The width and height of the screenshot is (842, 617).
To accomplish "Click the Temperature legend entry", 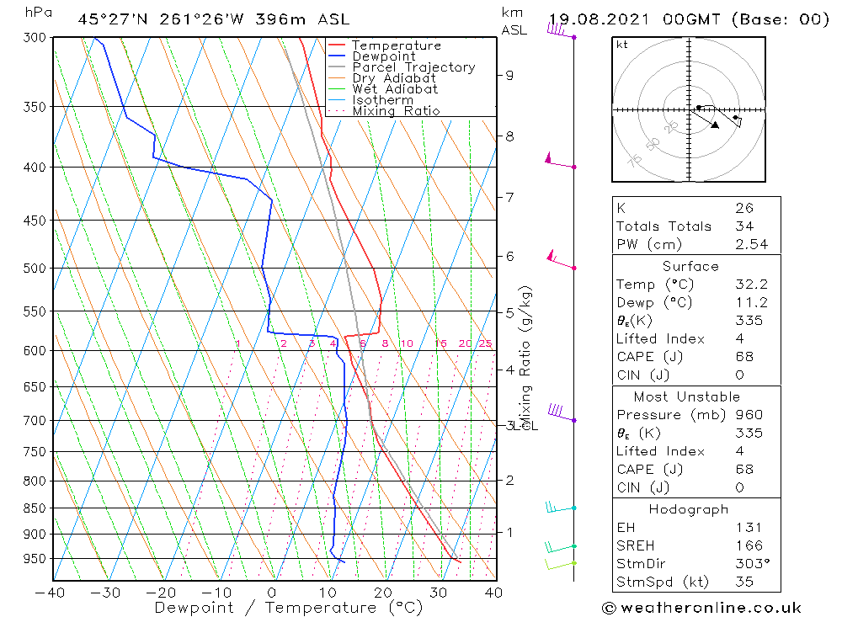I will coord(396,45).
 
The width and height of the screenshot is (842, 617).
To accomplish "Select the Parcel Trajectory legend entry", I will coord(413,67).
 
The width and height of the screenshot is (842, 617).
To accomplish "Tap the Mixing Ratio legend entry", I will coord(396,111).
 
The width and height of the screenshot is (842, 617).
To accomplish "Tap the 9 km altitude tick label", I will coord(509,75).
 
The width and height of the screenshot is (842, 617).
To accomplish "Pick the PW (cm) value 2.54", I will coord(744,244).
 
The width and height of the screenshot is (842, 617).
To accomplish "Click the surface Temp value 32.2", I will coord(744,285).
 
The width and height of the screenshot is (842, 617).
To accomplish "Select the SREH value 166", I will coord(744,545).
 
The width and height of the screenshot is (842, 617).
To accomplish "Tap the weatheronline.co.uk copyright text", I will coord(701,608).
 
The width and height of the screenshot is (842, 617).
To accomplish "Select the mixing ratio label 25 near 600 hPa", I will coord(485,343).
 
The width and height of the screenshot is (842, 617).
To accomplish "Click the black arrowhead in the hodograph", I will coord(715,125).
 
